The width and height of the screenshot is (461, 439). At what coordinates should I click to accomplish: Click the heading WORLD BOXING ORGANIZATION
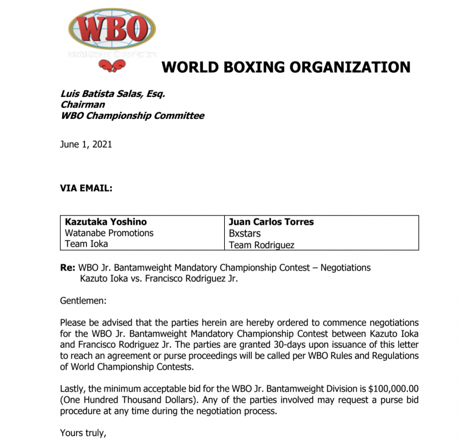[x=286, y=67]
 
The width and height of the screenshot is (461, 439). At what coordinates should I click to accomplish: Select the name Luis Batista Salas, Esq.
[x=113, y=93]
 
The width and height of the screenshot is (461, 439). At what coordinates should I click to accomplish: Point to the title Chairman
[x=82, y=104]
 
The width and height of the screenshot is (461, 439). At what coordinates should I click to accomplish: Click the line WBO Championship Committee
[x=132, y=115]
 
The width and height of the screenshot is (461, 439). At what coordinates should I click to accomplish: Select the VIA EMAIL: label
[x=86, y=188]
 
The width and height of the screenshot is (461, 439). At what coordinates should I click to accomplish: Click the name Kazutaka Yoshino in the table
[x=105, y=222]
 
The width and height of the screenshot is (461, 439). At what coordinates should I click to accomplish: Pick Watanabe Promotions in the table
[x=109, y=233]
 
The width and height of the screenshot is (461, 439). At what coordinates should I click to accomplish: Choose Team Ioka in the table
[x=87, y=244]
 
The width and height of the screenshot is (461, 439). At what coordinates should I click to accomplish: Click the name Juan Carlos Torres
[x=271, y=222]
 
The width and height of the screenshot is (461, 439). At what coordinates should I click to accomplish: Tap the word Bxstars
[x=245, y=234]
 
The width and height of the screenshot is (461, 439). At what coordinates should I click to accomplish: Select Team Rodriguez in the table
[x=262, y=245]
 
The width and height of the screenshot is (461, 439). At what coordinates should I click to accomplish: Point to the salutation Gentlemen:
[x=84, y=301]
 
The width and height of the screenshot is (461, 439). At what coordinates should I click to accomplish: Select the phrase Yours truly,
[x=84, y=433]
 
